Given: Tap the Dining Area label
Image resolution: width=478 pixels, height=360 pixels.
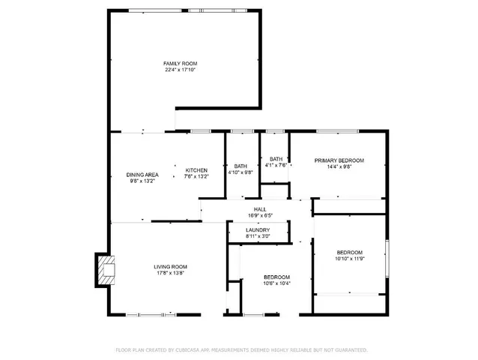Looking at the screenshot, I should [x=142, y=175].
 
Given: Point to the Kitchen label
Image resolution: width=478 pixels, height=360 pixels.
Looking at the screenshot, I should [x=196, y=170].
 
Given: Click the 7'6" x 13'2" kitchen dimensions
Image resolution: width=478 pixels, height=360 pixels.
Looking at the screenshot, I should [x=196, y=176].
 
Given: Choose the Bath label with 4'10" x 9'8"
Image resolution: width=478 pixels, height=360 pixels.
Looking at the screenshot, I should [x=240, y=166].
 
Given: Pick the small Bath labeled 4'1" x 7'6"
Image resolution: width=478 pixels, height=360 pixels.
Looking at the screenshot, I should [x=276, y=159].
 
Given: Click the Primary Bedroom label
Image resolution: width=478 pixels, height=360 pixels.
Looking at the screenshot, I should [x=339, y=160].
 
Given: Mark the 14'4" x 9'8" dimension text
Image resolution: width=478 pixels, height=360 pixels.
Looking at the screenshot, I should [x=339, y=166].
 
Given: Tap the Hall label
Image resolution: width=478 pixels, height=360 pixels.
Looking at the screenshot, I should [x=260, y=209].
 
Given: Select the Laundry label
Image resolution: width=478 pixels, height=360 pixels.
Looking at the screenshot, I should [x=258, y=229].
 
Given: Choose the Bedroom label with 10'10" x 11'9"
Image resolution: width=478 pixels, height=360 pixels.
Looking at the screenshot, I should [x=349, y=252].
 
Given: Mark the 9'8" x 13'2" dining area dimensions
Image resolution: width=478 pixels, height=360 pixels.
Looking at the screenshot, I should [x=142, y=181].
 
